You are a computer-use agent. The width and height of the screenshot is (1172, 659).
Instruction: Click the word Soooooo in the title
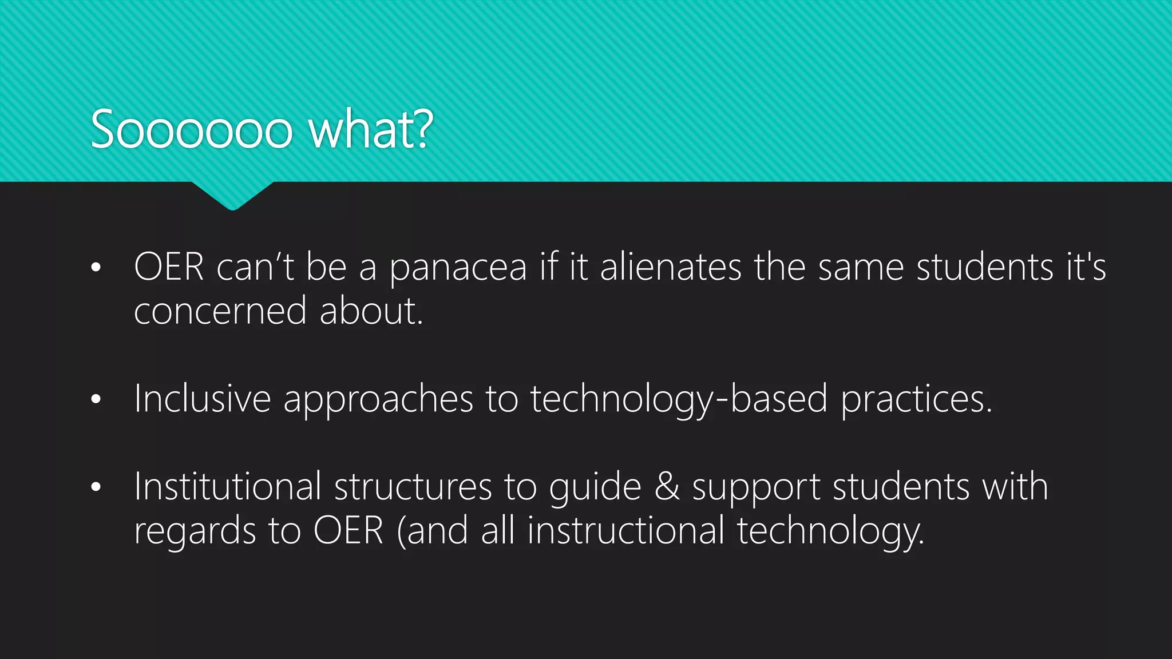tap(192, 130)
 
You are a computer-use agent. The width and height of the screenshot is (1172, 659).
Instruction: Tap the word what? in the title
tap(371, 130)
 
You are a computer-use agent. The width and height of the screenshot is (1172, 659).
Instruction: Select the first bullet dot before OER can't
tap(96, 267)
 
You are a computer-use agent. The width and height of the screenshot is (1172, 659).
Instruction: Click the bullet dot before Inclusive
tap(96, 399)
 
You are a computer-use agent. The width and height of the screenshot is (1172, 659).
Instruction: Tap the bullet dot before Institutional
tap(96, 487)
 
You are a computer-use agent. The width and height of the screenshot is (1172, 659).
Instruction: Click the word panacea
tap(458, 268)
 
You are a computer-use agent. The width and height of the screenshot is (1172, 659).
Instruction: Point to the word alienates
tap(670, 267)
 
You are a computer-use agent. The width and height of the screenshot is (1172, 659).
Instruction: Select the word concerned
tap(220, 312)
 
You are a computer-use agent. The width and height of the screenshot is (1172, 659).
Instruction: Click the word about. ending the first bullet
tap(371, 312)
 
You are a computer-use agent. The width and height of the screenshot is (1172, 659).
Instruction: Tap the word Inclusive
tap(202, 399)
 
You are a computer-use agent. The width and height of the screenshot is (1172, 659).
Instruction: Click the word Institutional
tap(227, 487)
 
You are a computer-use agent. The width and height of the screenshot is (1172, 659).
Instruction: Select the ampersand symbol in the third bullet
tap(667, 487)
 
